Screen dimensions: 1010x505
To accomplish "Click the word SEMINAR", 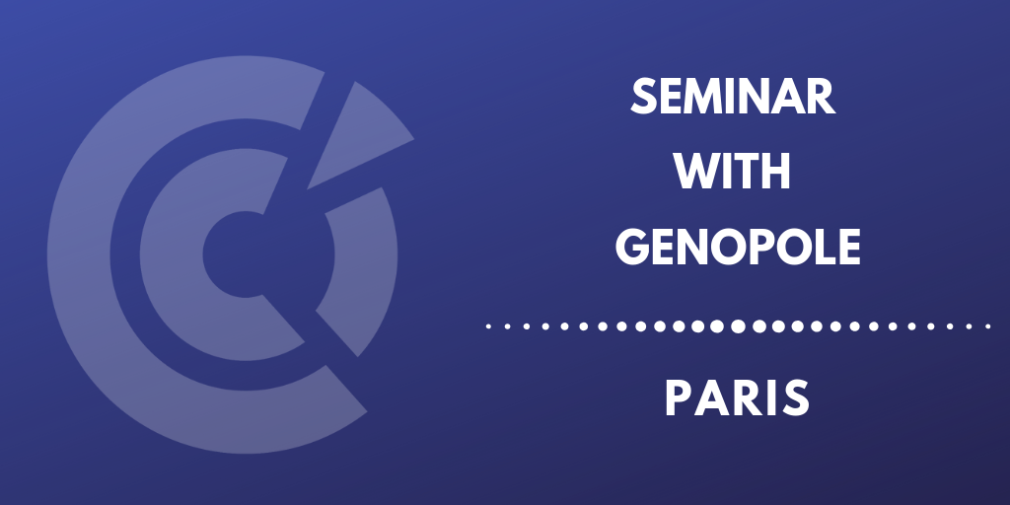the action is [733, 98].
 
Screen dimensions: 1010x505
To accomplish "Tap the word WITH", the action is [733, 172].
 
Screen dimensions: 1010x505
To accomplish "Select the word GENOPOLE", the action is [738, 248].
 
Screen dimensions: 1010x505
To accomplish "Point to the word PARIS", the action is [737, 398].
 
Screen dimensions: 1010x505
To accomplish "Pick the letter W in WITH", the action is [698, 172].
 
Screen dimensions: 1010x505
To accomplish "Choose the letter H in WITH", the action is [776, 172].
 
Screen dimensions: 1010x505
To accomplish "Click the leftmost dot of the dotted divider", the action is [488, 326].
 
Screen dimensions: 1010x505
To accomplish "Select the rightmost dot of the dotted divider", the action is [988, 326].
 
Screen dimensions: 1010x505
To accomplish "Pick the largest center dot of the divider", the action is [738, 326].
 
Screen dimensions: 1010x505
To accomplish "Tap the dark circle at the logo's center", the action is [240, 254].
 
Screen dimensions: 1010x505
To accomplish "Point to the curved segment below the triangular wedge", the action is [378, 257].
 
